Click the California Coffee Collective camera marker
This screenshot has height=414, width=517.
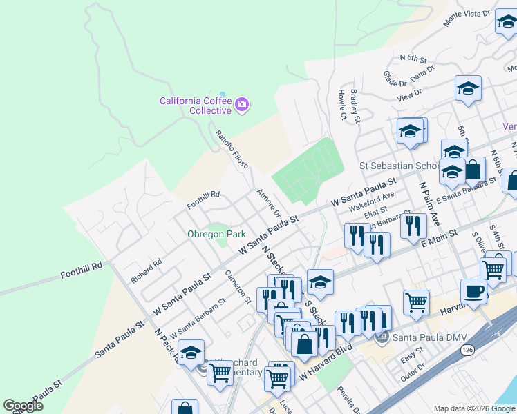pyautogui.click(x=242, y=105)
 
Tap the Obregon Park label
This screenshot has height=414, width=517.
pyautogui.click(x=216, y=235)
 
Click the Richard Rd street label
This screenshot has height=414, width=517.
pyautogui.click(x=146, y=270)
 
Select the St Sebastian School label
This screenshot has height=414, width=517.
pyautogui.click(x=399, y=166)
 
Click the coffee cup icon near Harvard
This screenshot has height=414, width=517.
pyautogui.click(x=474, y=291)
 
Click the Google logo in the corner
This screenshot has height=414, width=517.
pyautogui.click(x=23, y=406)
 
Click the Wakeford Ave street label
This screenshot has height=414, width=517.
pyautogui.click(x=371, y=201)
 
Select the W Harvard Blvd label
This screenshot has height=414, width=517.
pyautogui.click(x=326, y=364)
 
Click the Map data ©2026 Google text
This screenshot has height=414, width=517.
pyautogui.click(x=474, y=408)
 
